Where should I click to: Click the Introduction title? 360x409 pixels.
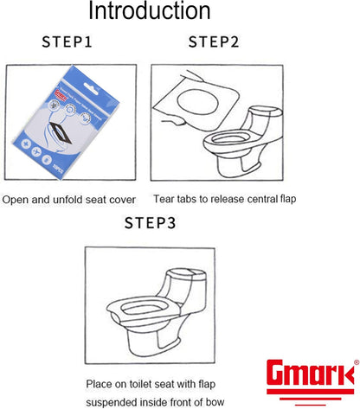150,12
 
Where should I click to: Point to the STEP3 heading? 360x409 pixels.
150,223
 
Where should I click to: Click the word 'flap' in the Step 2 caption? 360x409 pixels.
285,199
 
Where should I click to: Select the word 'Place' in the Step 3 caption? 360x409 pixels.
99,383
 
